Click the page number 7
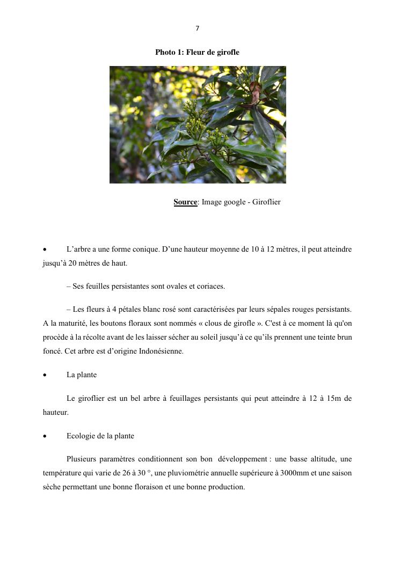[x=198, y=28]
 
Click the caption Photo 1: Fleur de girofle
[x=197, y=52]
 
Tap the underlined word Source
[x=185, y=202]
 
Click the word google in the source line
[x=234, y=202]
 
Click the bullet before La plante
[x=45, y=375]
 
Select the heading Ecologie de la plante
[x=100, y=436]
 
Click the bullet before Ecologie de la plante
[x=45, y=436]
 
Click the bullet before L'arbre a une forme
[x=45, y=250]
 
